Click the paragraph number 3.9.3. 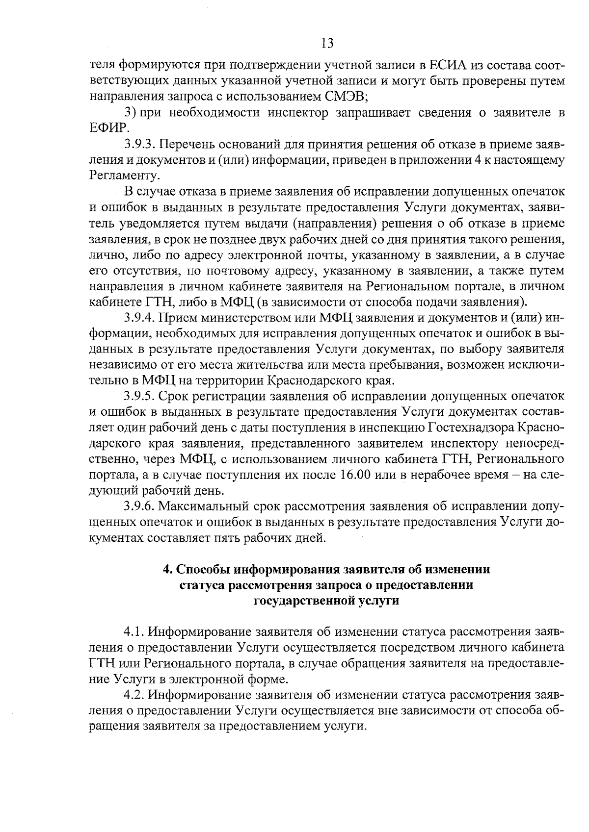140,144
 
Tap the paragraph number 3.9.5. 140,396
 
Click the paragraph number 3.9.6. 140,506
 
